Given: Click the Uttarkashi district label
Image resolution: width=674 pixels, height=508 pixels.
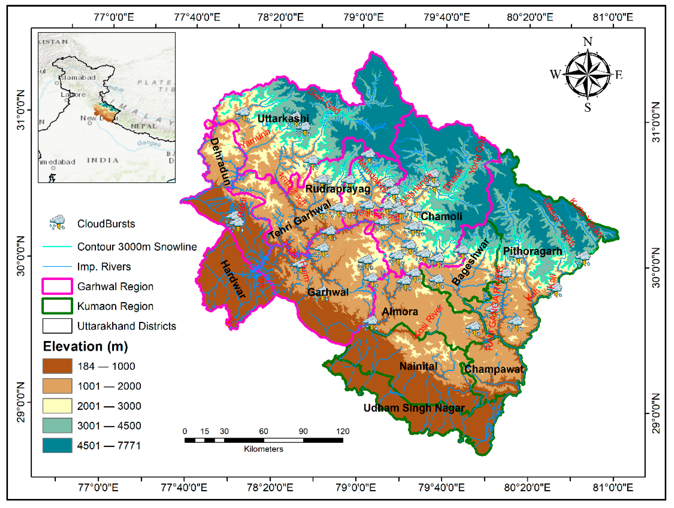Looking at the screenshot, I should [x=283, y=118].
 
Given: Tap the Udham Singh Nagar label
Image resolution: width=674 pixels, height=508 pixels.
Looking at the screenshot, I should [x=414, y=408].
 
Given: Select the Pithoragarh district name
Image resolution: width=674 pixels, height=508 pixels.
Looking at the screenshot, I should [x=532, y=251].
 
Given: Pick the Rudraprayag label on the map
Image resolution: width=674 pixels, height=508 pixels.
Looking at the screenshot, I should [x=338, y=189].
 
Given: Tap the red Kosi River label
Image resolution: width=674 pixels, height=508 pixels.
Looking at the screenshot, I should [x=429, y=321].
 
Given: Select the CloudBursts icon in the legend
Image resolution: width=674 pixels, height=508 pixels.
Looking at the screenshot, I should [x=57, y=222].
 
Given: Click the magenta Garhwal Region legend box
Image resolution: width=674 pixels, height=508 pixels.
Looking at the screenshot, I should [x=57, y=286].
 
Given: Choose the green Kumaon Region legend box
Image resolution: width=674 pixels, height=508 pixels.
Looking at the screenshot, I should [x=57, y=306].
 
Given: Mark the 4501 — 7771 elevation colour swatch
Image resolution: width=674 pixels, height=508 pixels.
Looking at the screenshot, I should [x=57, y=445].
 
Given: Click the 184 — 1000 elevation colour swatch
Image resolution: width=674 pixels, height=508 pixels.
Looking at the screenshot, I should [x=57, y=366].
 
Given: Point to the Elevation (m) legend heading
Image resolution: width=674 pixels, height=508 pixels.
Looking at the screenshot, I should [x=85, y=347].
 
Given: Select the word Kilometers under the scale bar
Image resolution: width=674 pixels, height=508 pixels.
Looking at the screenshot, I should [x=264, y=449].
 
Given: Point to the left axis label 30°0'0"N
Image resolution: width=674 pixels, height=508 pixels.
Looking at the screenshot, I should [x=21, y=256].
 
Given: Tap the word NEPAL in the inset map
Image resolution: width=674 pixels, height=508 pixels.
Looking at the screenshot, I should [x=143, y=126].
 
